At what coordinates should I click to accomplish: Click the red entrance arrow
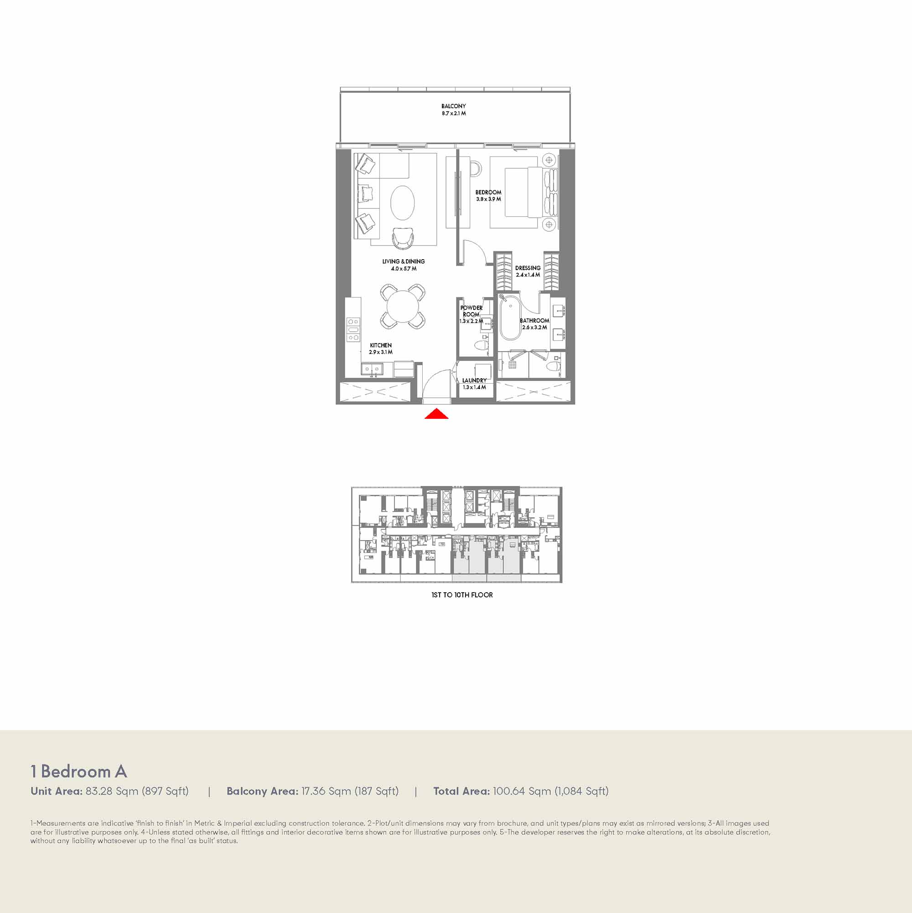[x=436, y=414]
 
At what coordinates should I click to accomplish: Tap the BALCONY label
[x=453, y=106]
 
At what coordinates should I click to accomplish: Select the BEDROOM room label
[x=488, y=193]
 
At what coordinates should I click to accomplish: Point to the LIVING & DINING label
[x=404, y=261]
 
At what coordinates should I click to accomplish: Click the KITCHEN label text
[x=381, y=345]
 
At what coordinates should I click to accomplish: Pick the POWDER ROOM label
[x=472, y=311]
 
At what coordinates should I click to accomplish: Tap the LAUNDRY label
[x=474, y=381]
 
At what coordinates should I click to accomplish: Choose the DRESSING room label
[x=528, y=268]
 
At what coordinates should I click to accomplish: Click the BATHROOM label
[x=534, y=320]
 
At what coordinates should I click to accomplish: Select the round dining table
[x=402, y=306]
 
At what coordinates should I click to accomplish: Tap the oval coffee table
[x=403, y=203]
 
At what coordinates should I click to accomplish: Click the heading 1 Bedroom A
[x=79, y=772]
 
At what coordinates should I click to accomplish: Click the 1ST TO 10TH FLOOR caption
[x=462, y=595]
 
